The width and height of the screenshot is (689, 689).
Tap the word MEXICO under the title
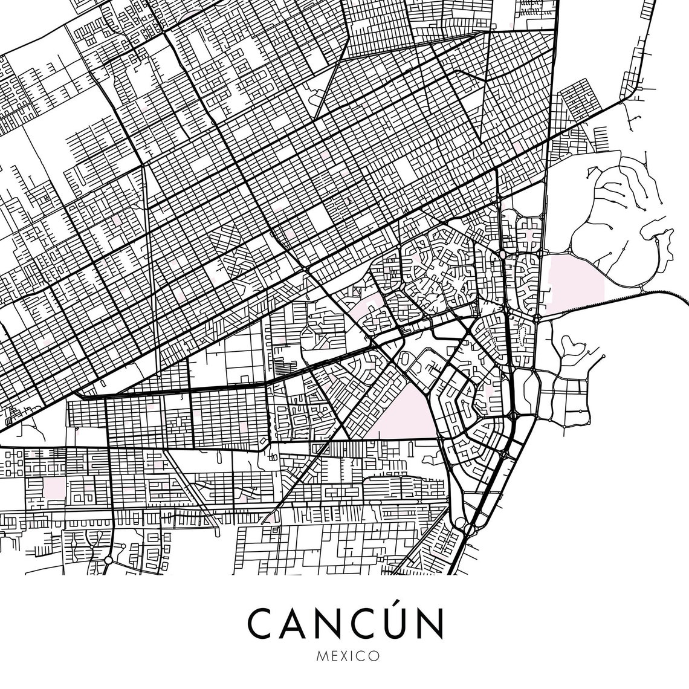pyautogui.click(x=344, y=655)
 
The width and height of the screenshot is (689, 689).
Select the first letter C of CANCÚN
pyautogui.click(x=261, y=623)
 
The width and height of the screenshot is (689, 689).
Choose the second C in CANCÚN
pyautogui.click(x=352, y=623)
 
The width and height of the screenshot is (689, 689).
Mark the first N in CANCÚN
pyautogui.click(x=325, y=623)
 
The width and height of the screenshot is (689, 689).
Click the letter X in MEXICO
pyautogui.click(x=342, y=655)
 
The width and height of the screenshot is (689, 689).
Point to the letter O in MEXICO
pyautogui.click(x=374, y=655)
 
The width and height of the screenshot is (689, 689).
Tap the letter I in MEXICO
pyautogui.click(x=351, y=655)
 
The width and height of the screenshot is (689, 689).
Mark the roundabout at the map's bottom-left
pyautogui.click(x=108, y=560)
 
